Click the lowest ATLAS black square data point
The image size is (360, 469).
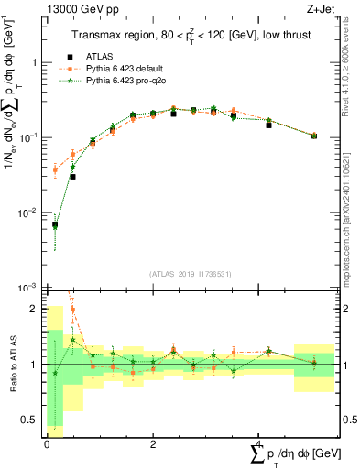[x=55, y=224]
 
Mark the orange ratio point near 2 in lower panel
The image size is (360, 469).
[x=72, y=309]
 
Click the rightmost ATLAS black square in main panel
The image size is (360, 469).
[x=314, y=136]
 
